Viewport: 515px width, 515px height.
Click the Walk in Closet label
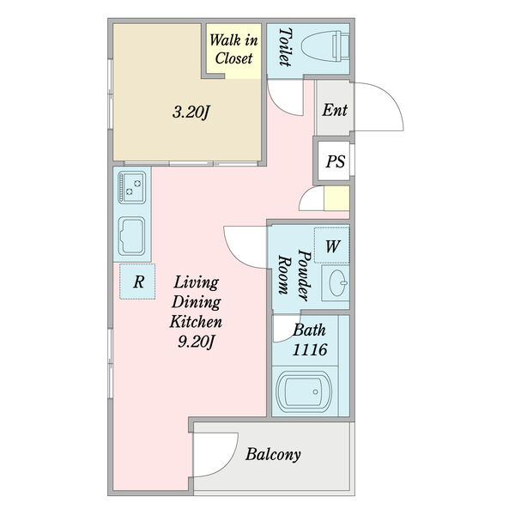233,49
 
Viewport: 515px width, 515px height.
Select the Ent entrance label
335,110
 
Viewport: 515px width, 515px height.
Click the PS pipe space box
334,161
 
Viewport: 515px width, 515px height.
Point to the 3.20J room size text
191,112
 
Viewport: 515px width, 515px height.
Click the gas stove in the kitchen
131,187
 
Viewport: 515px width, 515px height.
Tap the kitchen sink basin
131,236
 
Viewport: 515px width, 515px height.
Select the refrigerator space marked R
137,282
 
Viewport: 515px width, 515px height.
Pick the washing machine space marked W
331,245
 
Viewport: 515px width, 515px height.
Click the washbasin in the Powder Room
336,282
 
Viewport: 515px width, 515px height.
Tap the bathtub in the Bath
304,391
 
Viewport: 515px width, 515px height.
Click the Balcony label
273,455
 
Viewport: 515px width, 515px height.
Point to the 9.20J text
196,342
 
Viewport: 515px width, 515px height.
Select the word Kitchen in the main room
196,322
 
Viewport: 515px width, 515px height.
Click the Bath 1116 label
309,340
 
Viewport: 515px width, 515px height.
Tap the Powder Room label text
294,275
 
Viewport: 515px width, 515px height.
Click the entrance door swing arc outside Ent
395,99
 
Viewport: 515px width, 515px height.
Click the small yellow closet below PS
336,198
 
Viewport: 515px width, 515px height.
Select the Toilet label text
285,47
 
